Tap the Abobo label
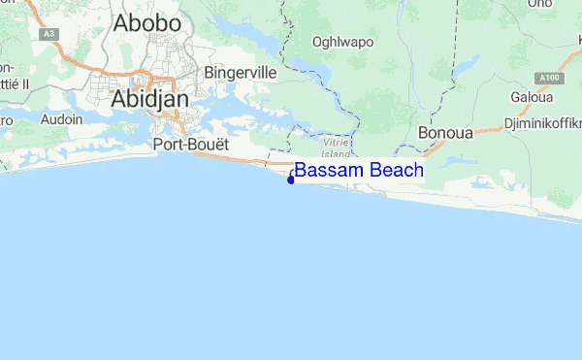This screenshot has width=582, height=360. tap(147, 23)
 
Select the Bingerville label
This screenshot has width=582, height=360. tap(241, 73)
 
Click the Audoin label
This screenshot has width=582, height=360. tap(62, 120)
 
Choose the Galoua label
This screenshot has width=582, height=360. tap(531, 98)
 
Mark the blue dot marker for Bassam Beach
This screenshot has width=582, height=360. tap(291, 179)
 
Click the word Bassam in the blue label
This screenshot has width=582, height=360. tap(326, 171)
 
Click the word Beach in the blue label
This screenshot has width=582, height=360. tap(393, 171)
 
